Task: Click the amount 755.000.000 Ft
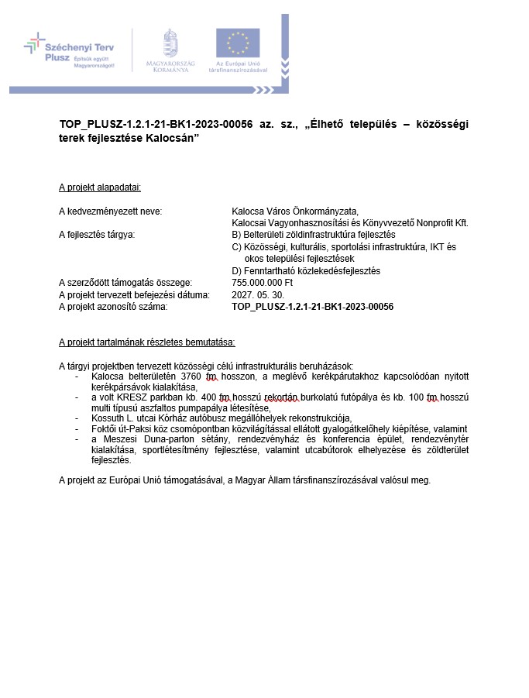click(x=263, y=283)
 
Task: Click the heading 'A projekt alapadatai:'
click(x=100, y=187)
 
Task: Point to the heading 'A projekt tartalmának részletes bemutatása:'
click(x=147, y=342)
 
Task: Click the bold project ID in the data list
click(x=312, y=307)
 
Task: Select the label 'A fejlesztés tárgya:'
click(x=97, y=234)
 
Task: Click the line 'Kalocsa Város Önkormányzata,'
click(x=296, y=211)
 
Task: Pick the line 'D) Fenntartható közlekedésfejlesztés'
click(x=306, y=270)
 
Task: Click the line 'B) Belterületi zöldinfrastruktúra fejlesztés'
click(x=314, y=234)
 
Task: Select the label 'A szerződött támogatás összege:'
click(x=125, y=283)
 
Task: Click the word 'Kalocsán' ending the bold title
click(x=177, y=137)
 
